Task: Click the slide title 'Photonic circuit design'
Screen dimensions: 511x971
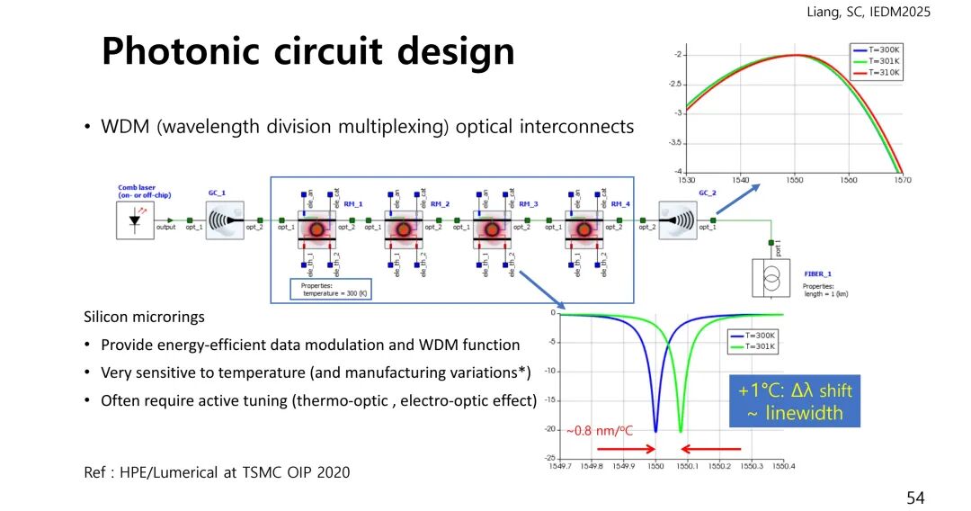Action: [307, 51]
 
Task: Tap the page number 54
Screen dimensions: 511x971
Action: [914, 498]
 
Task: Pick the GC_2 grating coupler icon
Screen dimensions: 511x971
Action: [677, 220]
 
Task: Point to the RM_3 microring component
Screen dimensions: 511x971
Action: [492, 229]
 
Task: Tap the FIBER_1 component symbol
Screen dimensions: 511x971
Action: [771, 279]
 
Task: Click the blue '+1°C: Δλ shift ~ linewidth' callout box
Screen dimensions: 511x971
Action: [794, 401]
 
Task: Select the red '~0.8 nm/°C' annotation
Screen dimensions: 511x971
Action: [600, 431]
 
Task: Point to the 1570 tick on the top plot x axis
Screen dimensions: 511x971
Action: [902, 180]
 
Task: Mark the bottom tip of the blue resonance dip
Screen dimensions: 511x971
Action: [655, 432]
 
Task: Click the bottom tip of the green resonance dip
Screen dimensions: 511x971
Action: [681, 432]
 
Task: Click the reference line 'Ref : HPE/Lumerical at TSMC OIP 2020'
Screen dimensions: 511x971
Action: [217, 472]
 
